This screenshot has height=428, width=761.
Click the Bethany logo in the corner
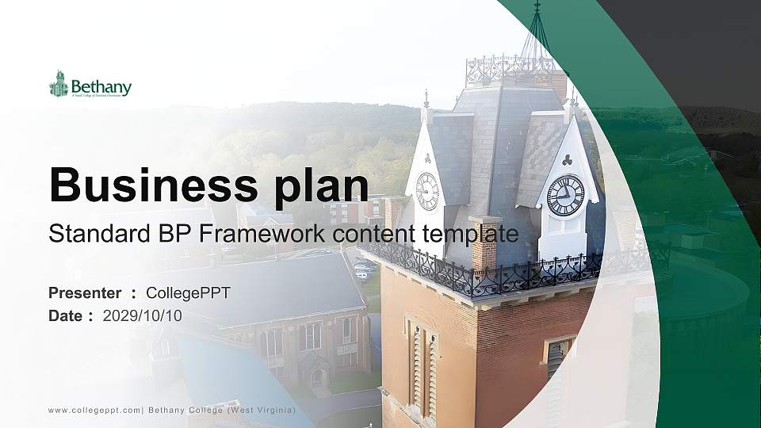point(90,85)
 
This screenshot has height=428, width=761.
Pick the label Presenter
point(85,292)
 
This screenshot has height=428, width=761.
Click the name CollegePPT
point(188,292)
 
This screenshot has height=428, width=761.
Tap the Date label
point(66,315)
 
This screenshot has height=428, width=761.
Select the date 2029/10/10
point(143,315)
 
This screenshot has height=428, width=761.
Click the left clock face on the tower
point(427,191)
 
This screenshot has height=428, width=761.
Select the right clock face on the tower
point(565,195)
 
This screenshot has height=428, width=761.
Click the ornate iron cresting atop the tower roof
point(511,70)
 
